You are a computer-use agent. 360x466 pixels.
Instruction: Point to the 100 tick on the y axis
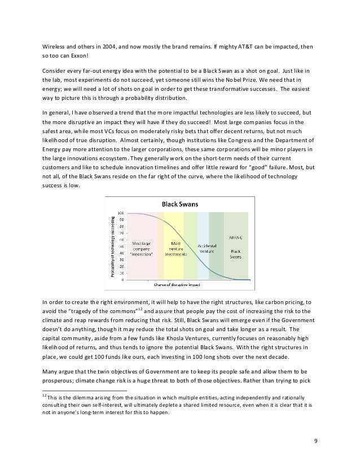point(121,213)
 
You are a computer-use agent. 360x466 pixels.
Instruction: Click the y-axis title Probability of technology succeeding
point(112,245)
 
